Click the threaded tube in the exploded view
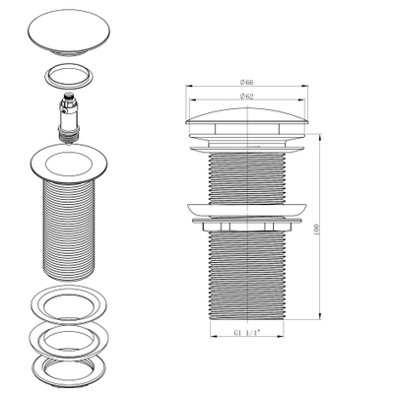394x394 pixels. pos(70,231)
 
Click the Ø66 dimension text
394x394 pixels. pos(249,84)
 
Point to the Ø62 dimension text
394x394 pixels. pos(249,97)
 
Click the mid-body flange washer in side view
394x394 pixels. pos(249,211)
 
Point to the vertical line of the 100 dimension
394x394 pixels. pos(322,256)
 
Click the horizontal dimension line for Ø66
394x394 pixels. pos(217,89)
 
